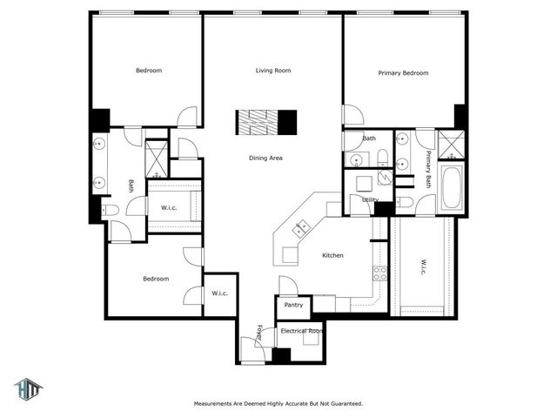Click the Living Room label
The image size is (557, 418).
[x=273, y=71]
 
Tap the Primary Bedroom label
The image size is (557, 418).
[x=403, y=73]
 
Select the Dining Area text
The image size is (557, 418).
[x=265, y=158]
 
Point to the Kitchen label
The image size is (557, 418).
[x=332, y=255]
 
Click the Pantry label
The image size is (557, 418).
[x=293, y=305]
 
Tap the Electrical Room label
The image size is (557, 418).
[x=302, y=331]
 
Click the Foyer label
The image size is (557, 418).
[x=259, y=332]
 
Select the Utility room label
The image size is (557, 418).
[x=370, y=199]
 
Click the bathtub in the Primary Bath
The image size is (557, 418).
[x=452, y=187]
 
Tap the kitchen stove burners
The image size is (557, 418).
[x=379, y=273]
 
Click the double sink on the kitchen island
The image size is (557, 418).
[x=300, y=228]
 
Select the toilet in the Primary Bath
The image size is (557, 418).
[x=405, y=202]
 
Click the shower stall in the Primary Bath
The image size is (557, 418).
[x=451, y=145]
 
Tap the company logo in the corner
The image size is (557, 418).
[x=28, y=389]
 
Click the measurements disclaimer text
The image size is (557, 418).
[x=278, y=403]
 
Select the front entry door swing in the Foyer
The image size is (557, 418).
[x=253, y=349]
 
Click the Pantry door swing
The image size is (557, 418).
[x=288, y=285]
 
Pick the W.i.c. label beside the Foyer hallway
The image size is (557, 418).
[x=219, y=293]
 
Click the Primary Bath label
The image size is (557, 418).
[x=428, y=169]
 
